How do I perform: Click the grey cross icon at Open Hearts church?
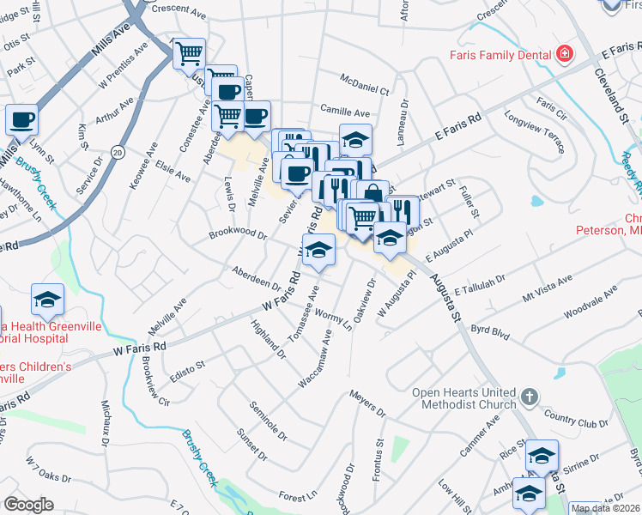click(x=530, y=397)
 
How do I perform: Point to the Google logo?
click(x=28, y=504)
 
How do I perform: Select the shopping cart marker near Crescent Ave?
click(x=189, y=54)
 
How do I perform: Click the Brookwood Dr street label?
click(x=238, y=233)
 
